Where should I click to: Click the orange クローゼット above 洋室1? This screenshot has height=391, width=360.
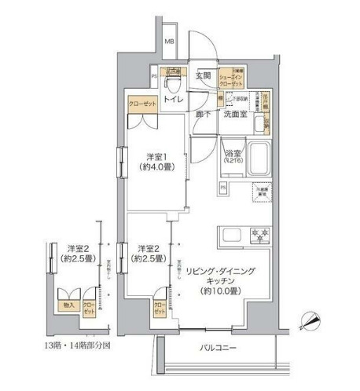click(142, 103)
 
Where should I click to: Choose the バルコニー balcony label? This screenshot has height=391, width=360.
click(212, 348)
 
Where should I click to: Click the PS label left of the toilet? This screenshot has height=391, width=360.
click(154, 77)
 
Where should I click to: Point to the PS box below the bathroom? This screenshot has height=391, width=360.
click(223, 188)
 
